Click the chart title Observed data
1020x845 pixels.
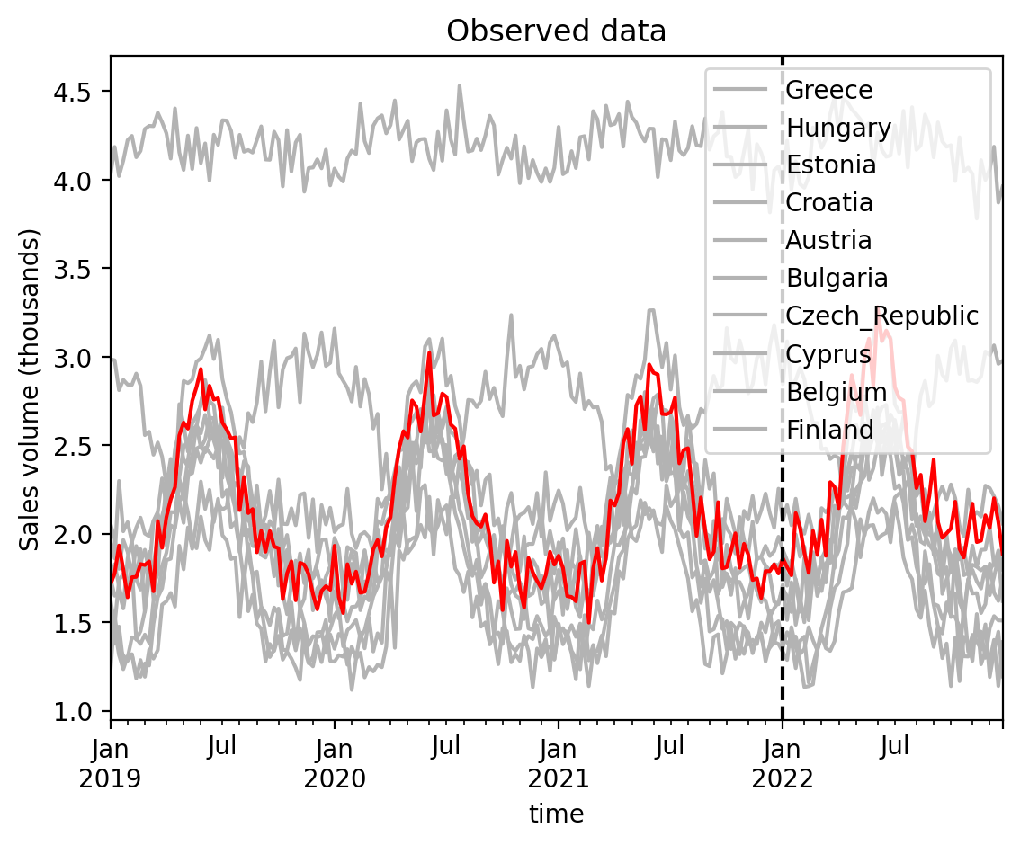click(x=556, y=31)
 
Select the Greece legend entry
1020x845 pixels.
click(x=828, y=90)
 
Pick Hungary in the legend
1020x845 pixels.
click(x=838, y=129)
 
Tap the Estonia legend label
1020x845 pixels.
click(x=831, y=165)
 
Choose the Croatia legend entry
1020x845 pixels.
click(x=828, y=203)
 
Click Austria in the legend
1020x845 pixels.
click(x=828, y=241)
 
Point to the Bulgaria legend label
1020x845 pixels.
click(x=837, y=278)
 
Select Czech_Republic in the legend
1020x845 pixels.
click(x=882, y=316)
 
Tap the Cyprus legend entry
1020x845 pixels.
click(x=828, y=355)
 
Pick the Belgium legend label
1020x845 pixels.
click(x=837, y=392)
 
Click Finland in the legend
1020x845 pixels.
click(x=830, y=430)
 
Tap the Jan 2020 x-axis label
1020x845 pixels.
click(x=335, y=763)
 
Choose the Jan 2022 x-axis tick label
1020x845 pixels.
click(x=783, y=763)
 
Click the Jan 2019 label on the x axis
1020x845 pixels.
click(x=110, y=763)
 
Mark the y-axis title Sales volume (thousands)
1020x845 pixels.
click(x=30, y=389)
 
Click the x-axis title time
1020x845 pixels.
click(x=556, y=814)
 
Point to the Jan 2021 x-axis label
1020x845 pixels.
click(x=559, y=763)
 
